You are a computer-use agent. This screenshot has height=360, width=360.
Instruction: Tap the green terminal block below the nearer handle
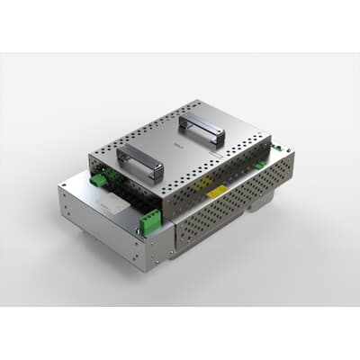[97, 179]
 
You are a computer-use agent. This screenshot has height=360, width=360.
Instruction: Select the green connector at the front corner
[152, 219]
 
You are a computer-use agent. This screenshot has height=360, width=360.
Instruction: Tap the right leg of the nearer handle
[158, 171]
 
